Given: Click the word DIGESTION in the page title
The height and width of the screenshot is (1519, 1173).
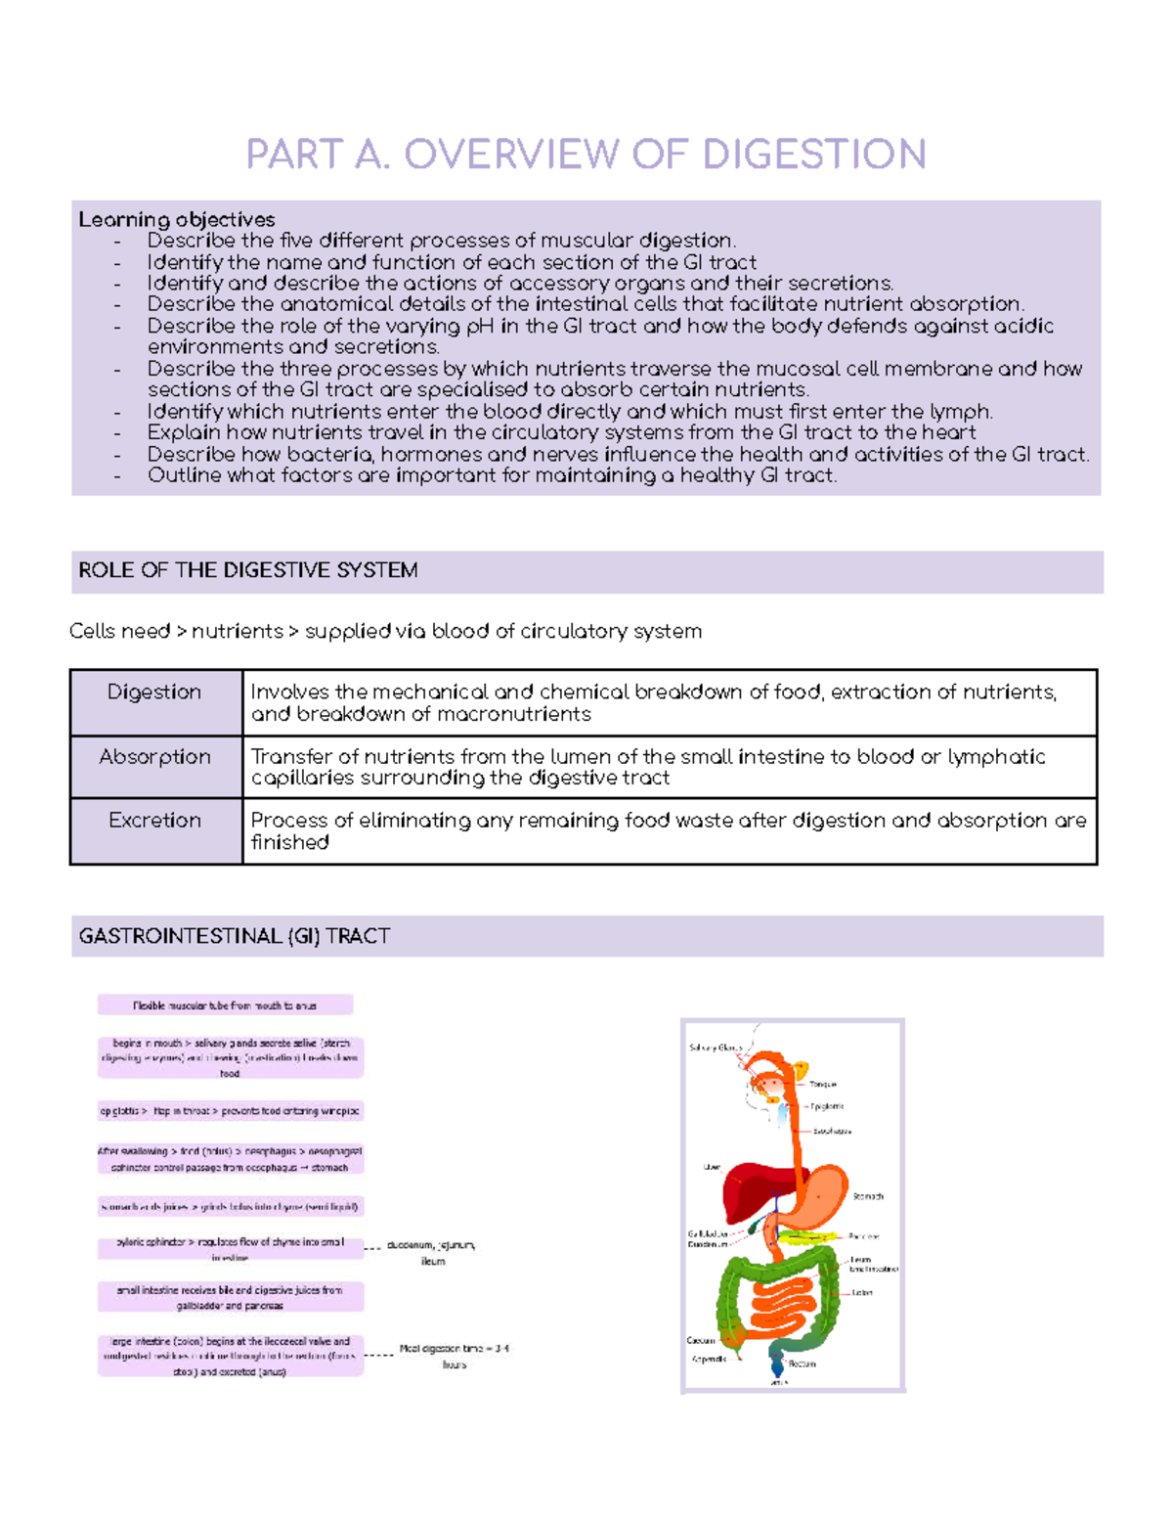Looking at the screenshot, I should (x=814, y=155).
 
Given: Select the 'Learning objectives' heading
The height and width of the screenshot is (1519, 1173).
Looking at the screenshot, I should (x=176, y=219).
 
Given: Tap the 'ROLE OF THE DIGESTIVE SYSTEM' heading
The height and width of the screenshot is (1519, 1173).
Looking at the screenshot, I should (x=248, y=570).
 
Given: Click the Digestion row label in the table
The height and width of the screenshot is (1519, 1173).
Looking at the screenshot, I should (x=154, y=692).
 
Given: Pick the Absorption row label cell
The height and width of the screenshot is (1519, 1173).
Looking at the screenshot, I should (x=154, y=757).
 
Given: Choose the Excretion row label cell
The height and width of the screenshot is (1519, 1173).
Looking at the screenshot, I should (x=154, y=821).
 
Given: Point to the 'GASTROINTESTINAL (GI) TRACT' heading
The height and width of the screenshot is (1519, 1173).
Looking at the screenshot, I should (x=235, y=936).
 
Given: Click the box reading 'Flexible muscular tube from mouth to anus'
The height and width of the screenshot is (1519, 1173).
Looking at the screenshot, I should (x=225, y=1005).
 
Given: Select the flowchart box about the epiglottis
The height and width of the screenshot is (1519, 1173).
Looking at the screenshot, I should (x=230, y=1111).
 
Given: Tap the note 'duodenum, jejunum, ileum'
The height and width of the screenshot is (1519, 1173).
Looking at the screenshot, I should (x=431, y=1253).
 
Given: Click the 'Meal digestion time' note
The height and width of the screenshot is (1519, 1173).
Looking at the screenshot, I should (x=455, y=1356).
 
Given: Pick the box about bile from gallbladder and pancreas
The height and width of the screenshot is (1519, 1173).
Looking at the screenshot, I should (x=230, y=1297).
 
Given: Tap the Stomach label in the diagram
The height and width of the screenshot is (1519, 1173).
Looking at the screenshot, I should (x=868, y=1196).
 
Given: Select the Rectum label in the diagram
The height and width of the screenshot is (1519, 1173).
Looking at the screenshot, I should (x=802, y=1363).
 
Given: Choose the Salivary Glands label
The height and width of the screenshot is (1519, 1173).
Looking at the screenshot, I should (x=716, y=1048).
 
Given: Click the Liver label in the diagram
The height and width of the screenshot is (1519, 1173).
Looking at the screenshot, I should (x=712, y=1167).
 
